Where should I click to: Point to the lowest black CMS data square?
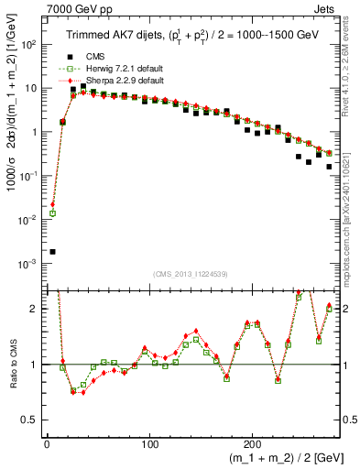coord(52,251)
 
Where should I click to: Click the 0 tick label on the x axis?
coord(46,445)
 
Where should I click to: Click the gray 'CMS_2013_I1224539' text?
coord(189,273)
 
